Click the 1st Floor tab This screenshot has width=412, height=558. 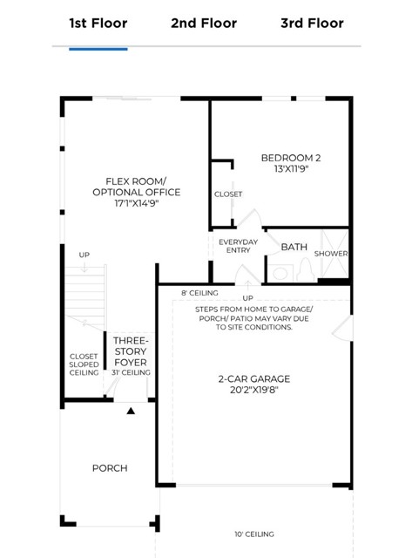pos(98,24)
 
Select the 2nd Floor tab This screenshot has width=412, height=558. pos(204,24)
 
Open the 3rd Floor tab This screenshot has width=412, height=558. pos(312,24)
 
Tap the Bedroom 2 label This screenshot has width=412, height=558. pos(291,158)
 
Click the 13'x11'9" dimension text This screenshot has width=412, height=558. pos(291,168)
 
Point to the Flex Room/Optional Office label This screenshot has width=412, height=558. pos(137,187)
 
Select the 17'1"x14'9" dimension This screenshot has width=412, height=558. pos(136,203)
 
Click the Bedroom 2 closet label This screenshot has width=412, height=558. pos(228,194)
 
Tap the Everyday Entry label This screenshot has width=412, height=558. pos(238,246)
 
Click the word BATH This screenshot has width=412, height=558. pos(294,247)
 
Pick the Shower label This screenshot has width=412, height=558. pos(331,254)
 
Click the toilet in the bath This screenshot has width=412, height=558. pos(306,269)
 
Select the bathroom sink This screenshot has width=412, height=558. pos(280,273)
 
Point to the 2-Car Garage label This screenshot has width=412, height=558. pos(254,378)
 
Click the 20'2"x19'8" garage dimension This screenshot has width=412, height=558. pos(254,390)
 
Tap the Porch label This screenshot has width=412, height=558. pos(110,468)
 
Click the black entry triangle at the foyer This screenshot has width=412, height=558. pos(131,411)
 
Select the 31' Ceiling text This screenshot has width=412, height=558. pos(131,372)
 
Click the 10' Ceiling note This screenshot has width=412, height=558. pos(254,534)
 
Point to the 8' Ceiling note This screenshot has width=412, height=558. pos(199,293)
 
